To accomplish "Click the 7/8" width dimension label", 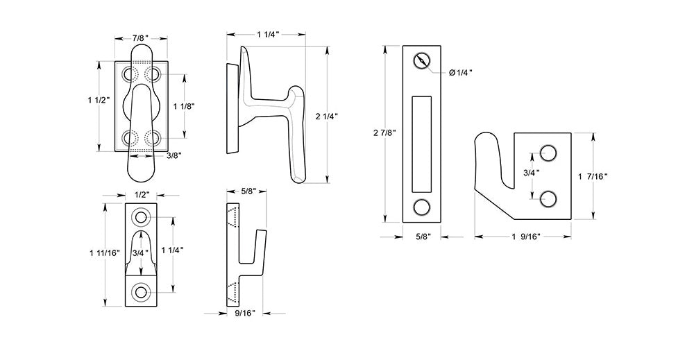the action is (x=141, y=38).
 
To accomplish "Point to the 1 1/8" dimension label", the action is (x=184, y=106).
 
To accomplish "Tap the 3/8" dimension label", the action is (x=173, y=155).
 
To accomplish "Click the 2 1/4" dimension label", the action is (x=327, y=117).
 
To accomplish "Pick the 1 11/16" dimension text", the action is (x=105, y=253).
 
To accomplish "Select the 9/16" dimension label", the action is (x=245, y=314).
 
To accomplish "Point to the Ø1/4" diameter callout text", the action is (x=461, y=73).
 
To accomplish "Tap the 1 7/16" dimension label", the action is (x=593, y=176).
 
